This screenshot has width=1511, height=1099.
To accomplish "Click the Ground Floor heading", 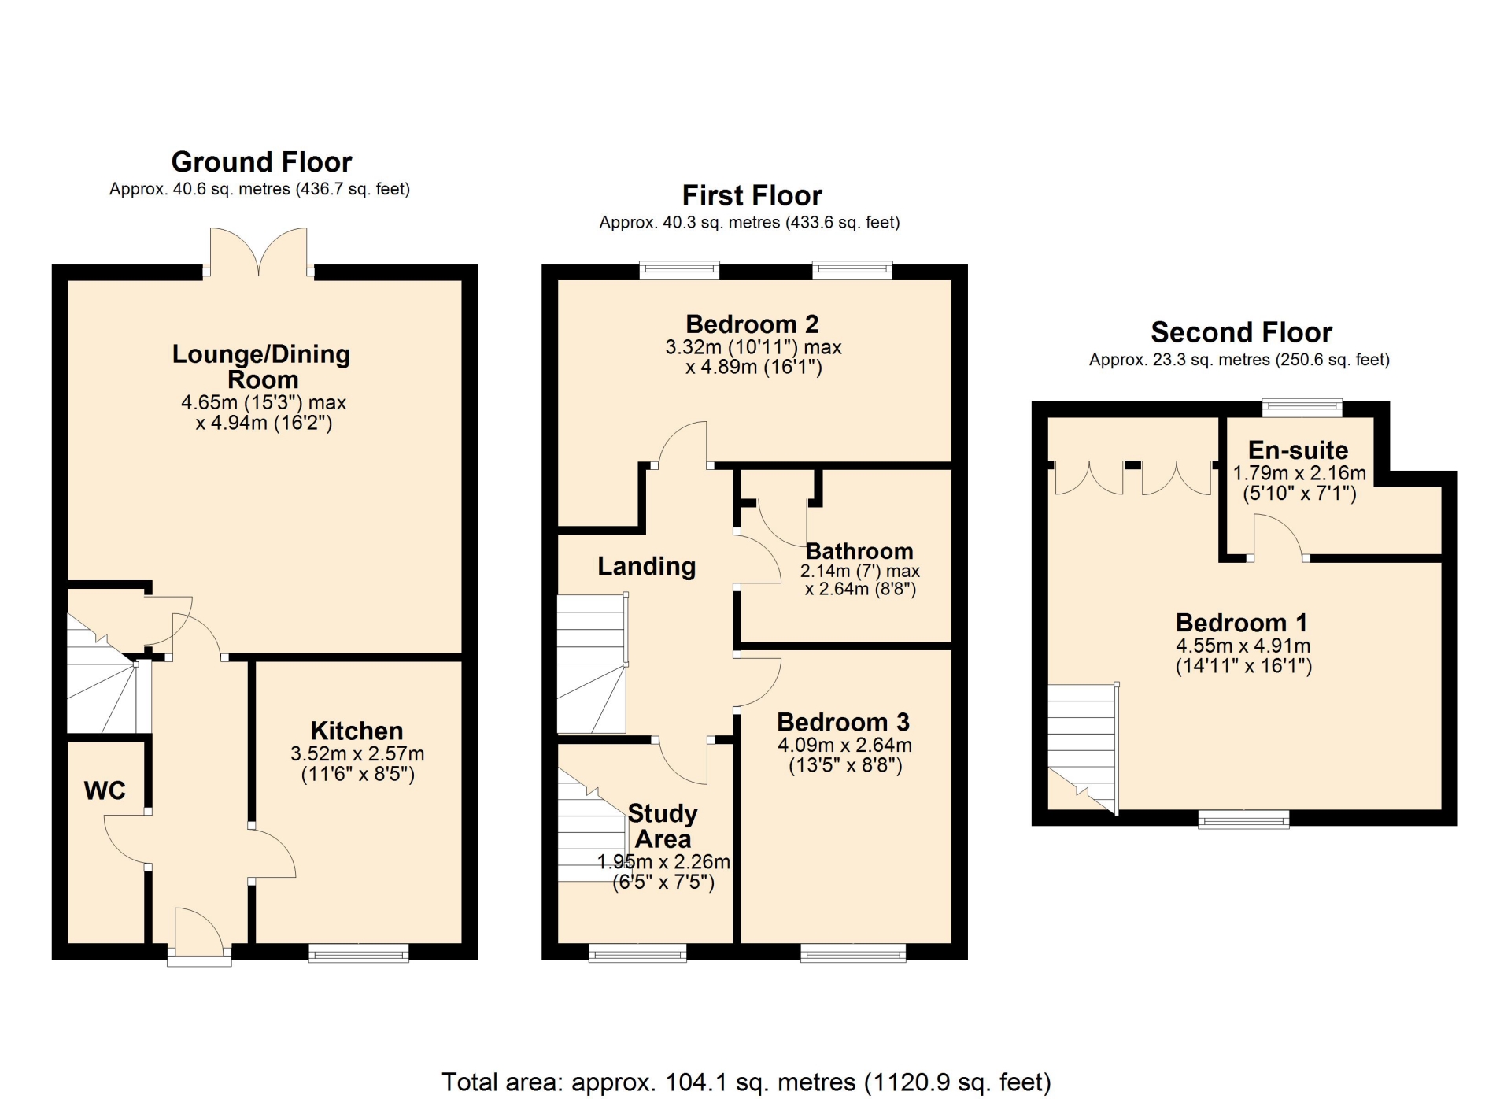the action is (261, 162).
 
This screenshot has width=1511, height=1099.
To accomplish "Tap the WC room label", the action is (105, 790).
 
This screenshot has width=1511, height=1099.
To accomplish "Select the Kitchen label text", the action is (357, 731).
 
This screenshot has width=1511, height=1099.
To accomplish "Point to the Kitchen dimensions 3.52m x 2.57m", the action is (357, 753).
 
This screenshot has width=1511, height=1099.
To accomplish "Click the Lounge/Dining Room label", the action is (262, 367).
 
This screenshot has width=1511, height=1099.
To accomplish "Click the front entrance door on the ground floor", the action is (199, 937).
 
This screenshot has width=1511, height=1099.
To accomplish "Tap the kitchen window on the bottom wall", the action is (359, 953).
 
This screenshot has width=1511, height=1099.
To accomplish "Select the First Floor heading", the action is (752, 195).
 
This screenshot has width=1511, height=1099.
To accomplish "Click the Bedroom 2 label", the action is (752, 324).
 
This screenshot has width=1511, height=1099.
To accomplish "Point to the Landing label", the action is (647, 566).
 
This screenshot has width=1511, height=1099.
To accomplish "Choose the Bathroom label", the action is (859, 551).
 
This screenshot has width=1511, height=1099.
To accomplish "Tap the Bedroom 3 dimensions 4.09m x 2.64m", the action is (844, 745).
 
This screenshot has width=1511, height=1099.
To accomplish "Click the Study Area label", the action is (663, 826).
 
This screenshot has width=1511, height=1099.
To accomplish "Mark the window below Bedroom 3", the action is (853, 953).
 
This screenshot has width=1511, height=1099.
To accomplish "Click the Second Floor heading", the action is (1241, 332).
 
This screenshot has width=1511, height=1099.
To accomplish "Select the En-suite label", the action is (1298, 450).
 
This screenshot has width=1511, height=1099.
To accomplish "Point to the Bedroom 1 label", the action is (1241, 623).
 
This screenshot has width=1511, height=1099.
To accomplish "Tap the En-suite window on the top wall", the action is (1302, 408).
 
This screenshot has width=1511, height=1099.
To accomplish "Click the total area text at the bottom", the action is (746, 1082).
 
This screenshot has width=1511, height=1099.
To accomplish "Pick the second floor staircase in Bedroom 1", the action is (1083, 748).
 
